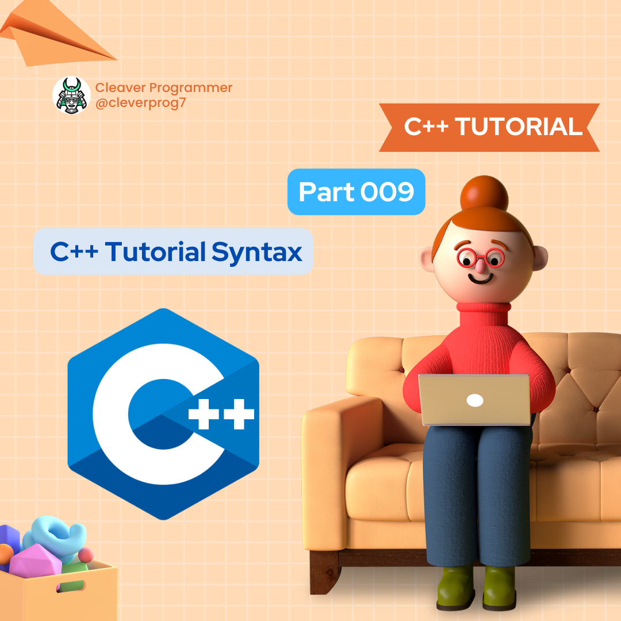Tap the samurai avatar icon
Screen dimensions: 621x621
pyautogui.click(x=71, y=95)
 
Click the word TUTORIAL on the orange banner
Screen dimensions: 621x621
pyautogui.click(x=519, y=127)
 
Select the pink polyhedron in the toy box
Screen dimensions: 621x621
pyautogui.click(x=34, y=561)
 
